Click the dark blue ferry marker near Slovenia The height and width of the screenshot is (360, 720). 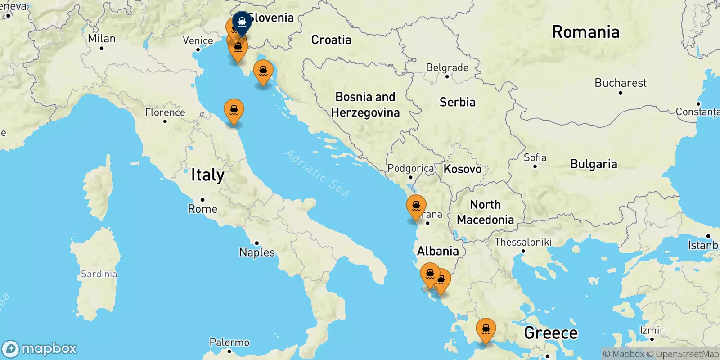(x=242, y=22)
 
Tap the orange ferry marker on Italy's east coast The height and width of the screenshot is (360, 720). (x=234, y=110)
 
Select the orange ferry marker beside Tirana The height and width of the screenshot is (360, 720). (x=416, y=207)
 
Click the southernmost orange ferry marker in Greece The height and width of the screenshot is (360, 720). (x=486, y=329)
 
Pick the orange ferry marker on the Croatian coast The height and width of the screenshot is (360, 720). (x=263, y=72)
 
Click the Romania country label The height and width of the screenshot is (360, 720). (x=585, y=32)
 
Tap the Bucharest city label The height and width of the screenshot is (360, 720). (x=620, y=83)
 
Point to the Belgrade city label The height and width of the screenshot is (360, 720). (x=447, y=68)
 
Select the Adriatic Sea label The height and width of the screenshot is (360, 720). (x=317, y=173)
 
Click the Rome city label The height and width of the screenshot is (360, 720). (x=202, y=209)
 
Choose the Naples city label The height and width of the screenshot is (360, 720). (x=257, y=252)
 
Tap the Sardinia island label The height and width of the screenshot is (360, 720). (x=99, y=274)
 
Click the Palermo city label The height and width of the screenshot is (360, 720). (x=229, y=342)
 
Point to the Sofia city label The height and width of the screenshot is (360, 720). (x=535, y=157)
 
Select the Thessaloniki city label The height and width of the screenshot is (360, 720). (x=523, y=242)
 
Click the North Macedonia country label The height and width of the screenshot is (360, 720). (x=485, y=212)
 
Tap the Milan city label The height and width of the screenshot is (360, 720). (x=102, y=39)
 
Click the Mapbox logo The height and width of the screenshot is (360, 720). (x=40, y=349)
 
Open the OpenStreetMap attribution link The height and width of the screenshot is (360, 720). (x=683, y=354)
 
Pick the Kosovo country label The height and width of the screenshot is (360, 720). (x=463, y=169)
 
